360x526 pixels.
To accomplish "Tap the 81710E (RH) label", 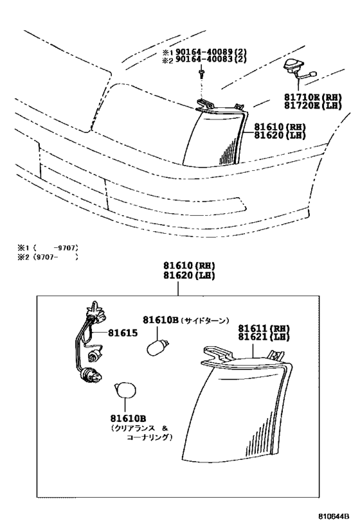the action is tap(313, 97).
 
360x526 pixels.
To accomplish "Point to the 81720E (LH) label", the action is tap(313, 105).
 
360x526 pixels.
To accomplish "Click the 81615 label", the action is tap(123, 333).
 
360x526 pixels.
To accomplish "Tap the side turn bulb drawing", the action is tap(157, 347).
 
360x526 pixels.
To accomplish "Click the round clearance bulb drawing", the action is tap(125, 390).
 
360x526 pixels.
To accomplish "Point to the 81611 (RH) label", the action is tap(264, 328).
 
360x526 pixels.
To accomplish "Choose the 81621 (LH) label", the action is tap(264, 337).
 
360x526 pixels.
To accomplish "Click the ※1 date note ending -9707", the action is tap(48, 249).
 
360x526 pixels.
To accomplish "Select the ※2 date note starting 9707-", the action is tap(48, 258).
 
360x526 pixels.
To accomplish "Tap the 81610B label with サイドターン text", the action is tap(186, 320).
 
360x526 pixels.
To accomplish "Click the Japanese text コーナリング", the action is tap(149, 437).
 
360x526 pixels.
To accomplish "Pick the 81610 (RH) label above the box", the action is tap(189, 266).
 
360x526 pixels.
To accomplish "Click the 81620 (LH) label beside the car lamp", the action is tap(280, 135).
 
